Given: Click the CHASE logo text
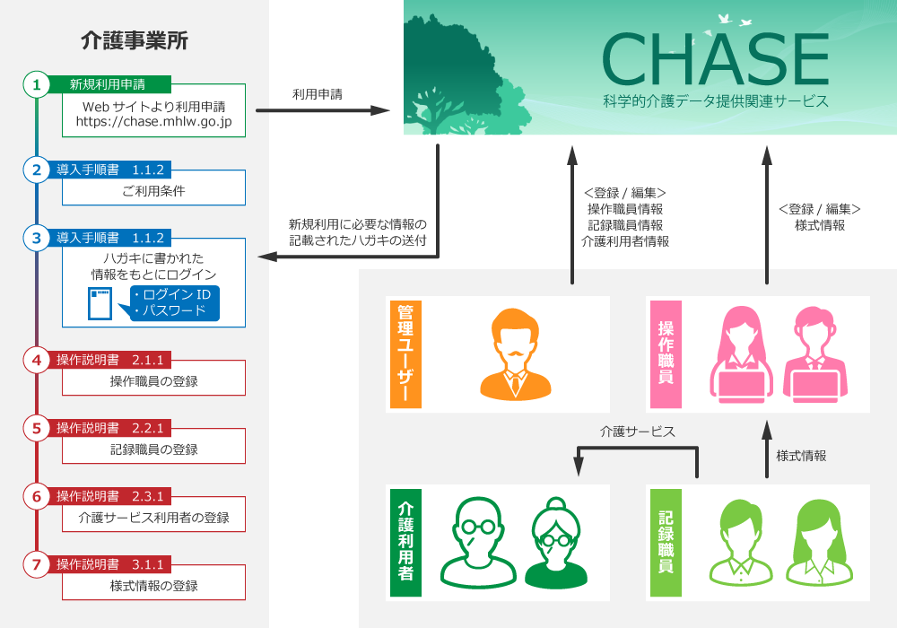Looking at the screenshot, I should (715, 60).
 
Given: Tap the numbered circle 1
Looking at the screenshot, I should (36, 85).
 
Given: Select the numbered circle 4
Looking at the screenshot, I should (36, 361).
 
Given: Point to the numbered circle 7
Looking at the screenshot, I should (36, 564).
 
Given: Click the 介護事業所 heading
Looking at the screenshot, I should (135, 40).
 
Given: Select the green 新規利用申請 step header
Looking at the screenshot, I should (108, 85).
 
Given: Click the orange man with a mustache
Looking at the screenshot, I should (515, 354).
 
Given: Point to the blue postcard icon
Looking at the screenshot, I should (100, 304).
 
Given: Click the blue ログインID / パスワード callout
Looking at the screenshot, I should (170, 303).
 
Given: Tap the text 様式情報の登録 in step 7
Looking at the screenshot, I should (153, 586).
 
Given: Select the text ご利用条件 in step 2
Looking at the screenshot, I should (153, 191).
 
